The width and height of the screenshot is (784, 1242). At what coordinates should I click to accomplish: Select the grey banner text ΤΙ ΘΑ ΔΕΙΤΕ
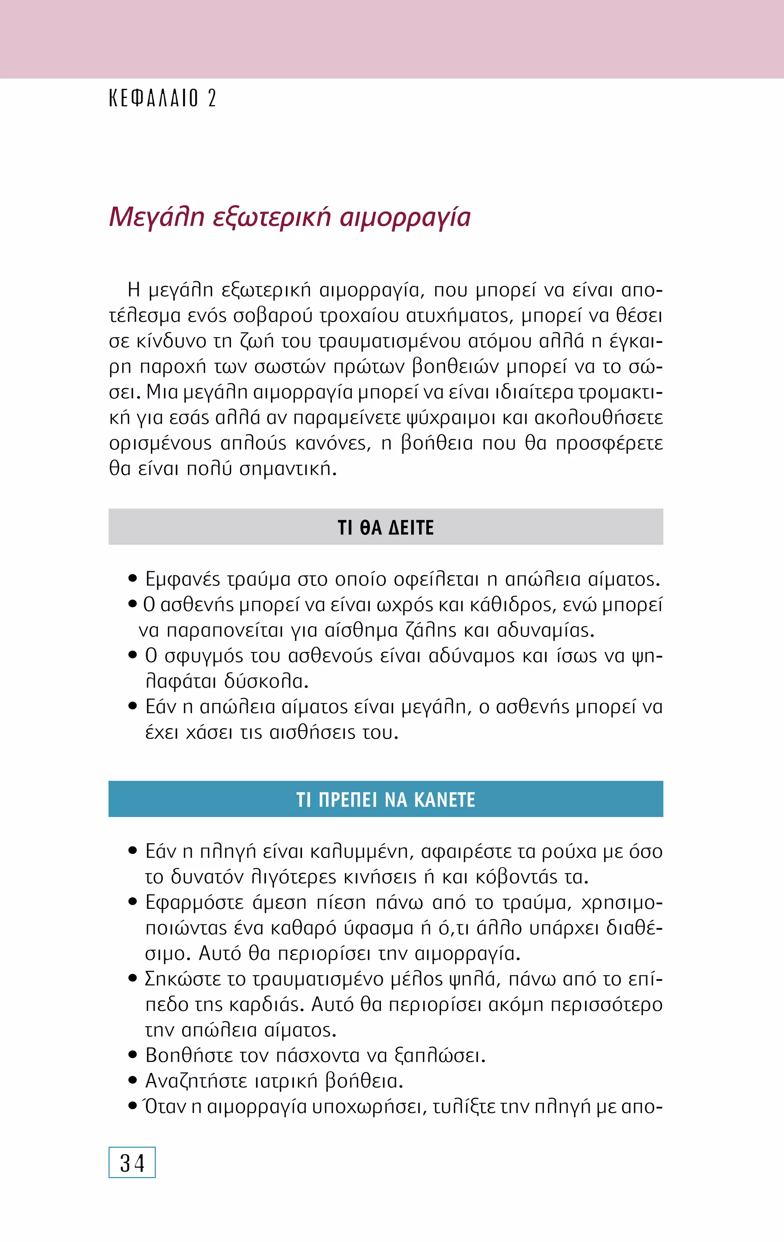tap(385, 528)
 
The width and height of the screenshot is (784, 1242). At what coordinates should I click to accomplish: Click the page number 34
tap(132, 1164)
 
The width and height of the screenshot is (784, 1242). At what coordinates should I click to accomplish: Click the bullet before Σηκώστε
tap(133, 978)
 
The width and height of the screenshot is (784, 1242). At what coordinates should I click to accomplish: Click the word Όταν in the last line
tap(165, 1106)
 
